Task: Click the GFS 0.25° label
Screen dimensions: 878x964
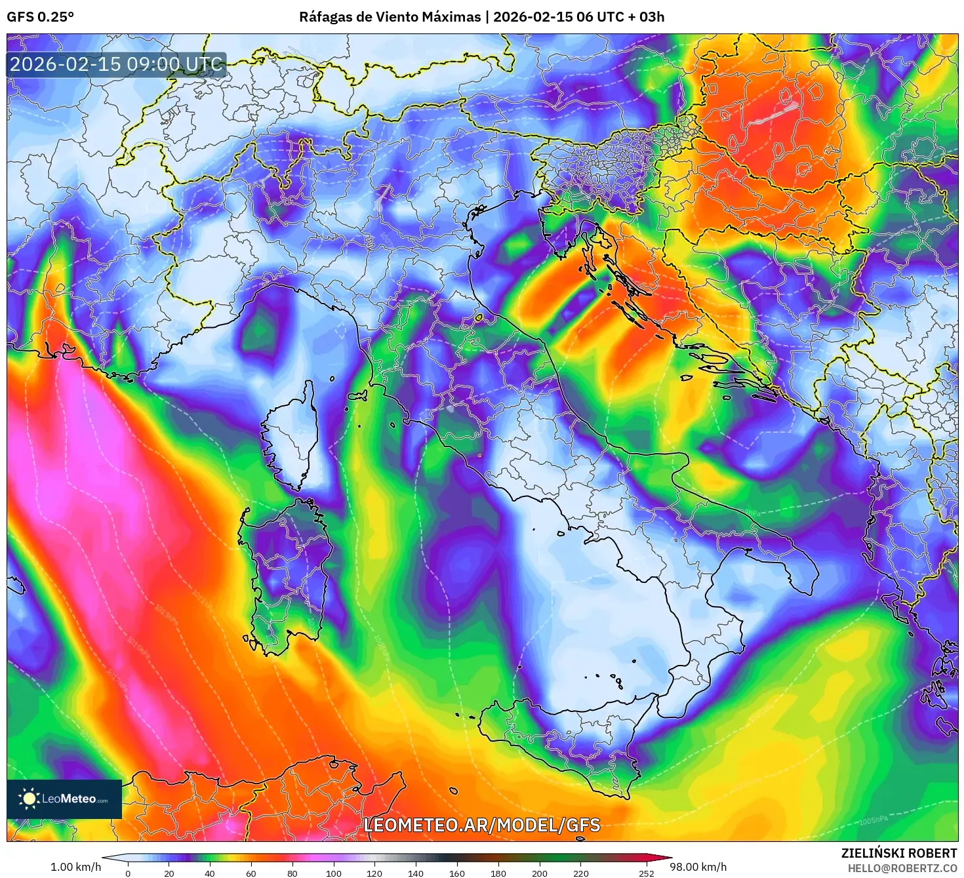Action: click(40, 17)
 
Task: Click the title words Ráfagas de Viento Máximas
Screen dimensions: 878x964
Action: click(390, 17)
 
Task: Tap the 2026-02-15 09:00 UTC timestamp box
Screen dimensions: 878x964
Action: click(116, 65)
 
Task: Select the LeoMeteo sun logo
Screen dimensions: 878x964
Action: click(29, 798)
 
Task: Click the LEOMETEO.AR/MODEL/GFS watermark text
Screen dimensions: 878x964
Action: click(482, 825)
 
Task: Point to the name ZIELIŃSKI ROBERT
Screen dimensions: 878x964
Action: click(899, 853)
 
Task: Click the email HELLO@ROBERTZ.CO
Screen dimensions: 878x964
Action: click(902, 868)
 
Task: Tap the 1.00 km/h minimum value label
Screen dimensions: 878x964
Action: click(75, 867)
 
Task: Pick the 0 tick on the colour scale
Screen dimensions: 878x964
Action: click(128, 873)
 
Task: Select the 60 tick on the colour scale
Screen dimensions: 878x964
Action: click(251, 873)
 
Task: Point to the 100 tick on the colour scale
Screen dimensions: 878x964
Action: click(334, 873)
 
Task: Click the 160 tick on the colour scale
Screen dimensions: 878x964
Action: click(457, 873)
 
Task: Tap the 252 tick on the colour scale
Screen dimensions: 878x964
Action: click(647, 873)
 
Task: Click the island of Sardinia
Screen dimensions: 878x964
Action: click(289, 570)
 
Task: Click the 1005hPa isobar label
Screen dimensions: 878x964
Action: click(874, 820)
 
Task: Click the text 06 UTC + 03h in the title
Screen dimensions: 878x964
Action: click(620, 17)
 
